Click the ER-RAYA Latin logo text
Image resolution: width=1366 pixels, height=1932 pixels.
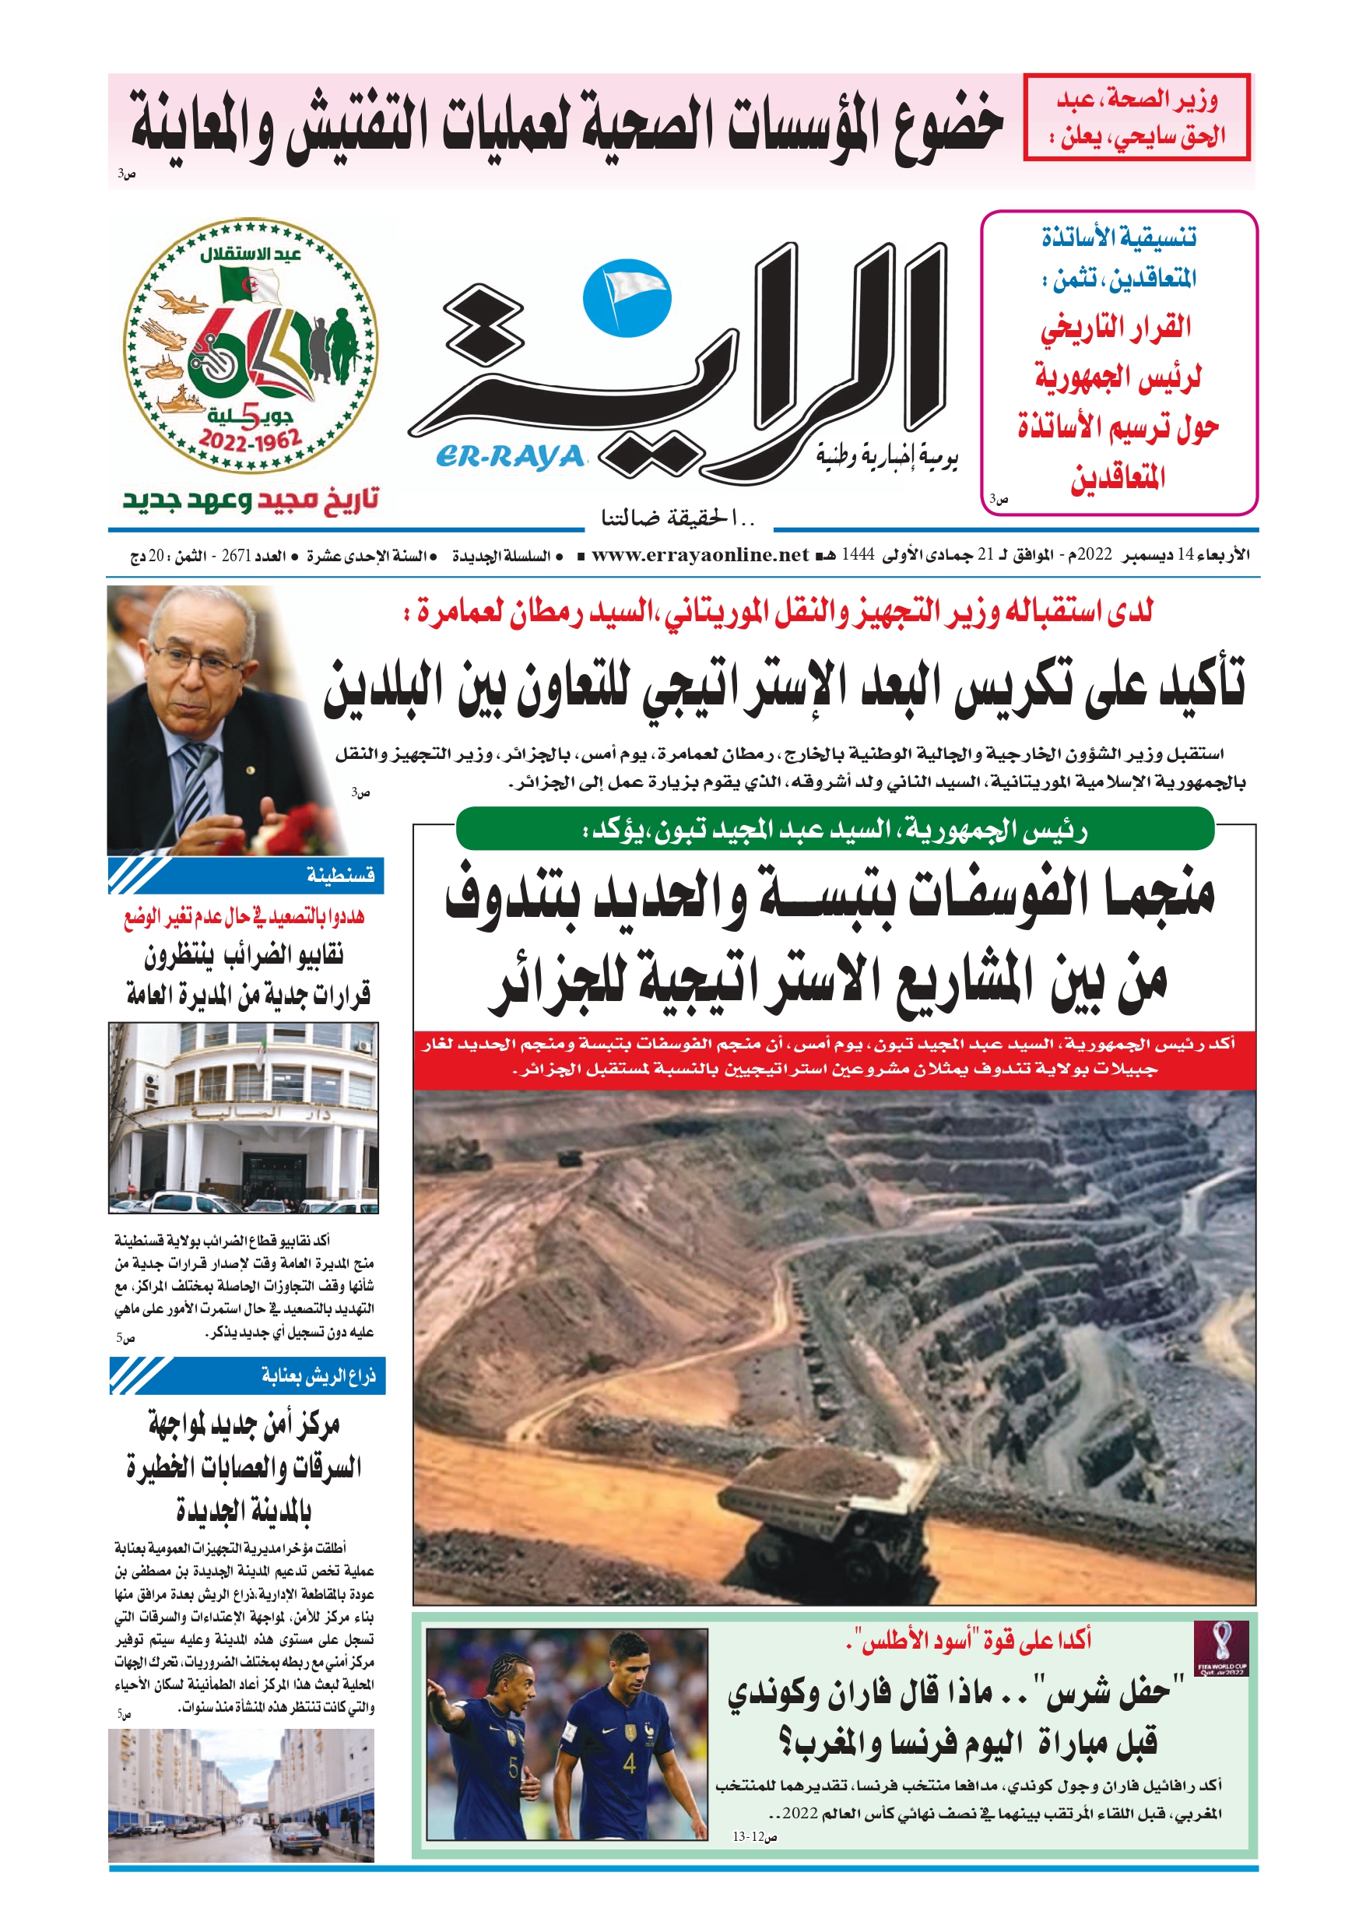[x=510, y=457]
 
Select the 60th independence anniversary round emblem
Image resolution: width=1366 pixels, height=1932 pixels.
[x=251, y=346]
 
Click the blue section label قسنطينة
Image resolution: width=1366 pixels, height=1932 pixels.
[x=340, y=876]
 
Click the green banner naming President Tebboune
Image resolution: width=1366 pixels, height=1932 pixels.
[x=835, y=831]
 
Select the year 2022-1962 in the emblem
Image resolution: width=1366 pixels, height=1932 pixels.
[x=250, y=440]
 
